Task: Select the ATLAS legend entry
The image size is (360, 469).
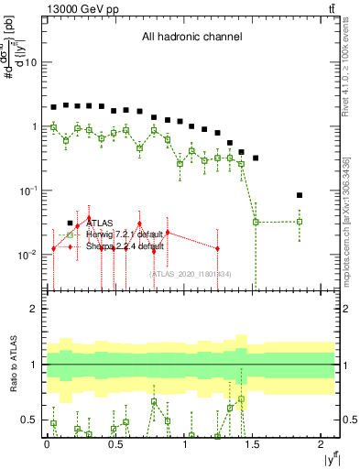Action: pos(102,223)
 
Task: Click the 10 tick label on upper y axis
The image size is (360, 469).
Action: pos(30,62)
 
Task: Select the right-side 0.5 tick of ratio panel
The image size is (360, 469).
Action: pos(348,420)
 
